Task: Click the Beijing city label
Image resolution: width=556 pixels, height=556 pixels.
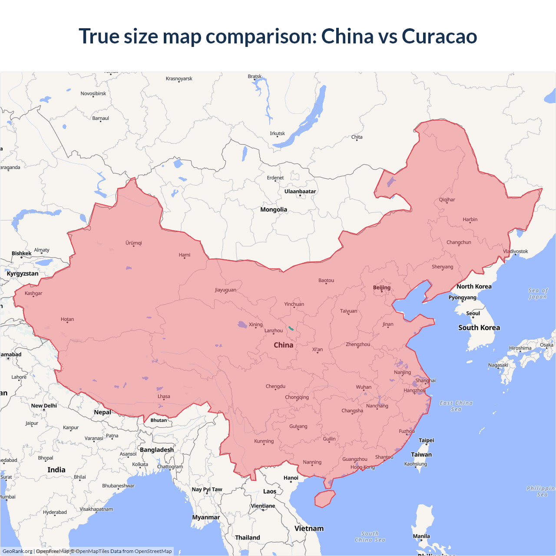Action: tap(382, 288)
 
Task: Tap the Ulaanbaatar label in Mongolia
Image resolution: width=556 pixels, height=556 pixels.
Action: tap(300, 192)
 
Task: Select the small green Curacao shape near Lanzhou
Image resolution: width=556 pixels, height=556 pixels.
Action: tap(291, 328)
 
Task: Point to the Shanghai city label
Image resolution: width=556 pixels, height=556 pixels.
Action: tap(425, 381)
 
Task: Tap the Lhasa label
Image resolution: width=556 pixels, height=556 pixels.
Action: tap(164, 396)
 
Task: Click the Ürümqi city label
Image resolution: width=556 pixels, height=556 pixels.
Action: tap(134, 243)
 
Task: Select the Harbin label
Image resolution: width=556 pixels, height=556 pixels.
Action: tap(470, 219)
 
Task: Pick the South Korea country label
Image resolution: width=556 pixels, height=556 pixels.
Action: tap(479, 328)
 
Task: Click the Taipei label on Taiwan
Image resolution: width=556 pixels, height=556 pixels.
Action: tap(426, 440)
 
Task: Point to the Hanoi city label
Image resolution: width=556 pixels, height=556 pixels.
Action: tap(291, 478)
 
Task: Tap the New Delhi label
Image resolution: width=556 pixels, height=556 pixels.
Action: tap(44, 406)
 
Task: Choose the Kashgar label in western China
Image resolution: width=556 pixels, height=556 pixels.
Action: tap(33, 293)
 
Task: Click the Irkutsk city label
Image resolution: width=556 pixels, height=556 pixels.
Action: tap(278, 133)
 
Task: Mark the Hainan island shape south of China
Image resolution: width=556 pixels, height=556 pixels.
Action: tap(324, 499)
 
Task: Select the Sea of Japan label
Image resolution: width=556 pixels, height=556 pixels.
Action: tap(538, 294)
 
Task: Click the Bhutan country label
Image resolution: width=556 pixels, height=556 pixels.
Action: tap(159, 420)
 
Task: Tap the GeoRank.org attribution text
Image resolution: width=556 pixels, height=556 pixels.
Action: tap(17, 551)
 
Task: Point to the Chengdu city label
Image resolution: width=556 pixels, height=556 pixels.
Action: tap(275, 386)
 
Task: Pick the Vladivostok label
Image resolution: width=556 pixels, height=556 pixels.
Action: tap(516, 252)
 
